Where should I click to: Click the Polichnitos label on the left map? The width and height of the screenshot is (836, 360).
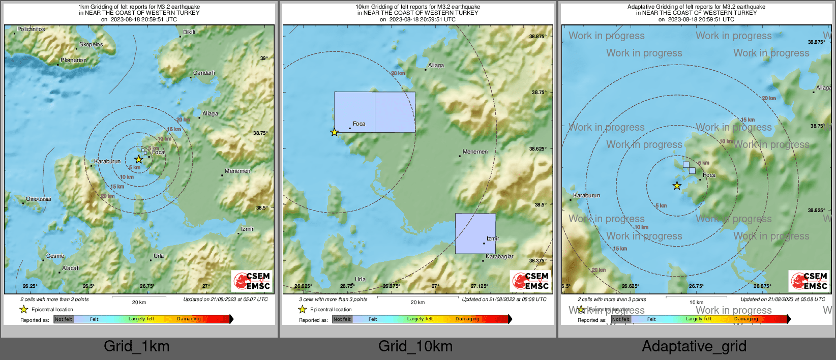coord(31,29)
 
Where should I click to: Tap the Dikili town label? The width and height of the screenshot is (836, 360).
coord(189,32)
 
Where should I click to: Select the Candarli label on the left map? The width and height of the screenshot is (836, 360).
coord(204,73)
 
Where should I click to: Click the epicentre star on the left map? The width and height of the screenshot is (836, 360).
coord(138,159)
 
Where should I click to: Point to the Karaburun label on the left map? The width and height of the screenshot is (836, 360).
coord(107,162)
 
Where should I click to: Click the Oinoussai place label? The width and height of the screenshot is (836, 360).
coord(39,199)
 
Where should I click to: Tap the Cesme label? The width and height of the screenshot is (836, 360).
coord(55,256)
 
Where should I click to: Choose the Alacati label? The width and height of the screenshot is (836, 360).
coord(71,268)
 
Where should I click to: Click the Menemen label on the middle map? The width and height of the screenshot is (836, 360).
coord(475,152)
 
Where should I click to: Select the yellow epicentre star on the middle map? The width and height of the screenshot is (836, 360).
coord(334,132)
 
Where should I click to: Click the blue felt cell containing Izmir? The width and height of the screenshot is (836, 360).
coord(475,233)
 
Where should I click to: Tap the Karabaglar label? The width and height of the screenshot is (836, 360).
coord(499,257)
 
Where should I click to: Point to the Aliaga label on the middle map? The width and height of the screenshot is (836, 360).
coord(436,66)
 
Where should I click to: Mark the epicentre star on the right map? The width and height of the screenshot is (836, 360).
coord(677,186)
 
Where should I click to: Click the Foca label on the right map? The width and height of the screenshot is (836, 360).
coord(709,175)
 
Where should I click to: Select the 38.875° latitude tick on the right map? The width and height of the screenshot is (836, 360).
coord(817,42)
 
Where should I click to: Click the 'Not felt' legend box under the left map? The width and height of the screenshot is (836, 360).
coord(64,319)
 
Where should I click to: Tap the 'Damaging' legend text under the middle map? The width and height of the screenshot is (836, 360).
coord(467,319)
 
